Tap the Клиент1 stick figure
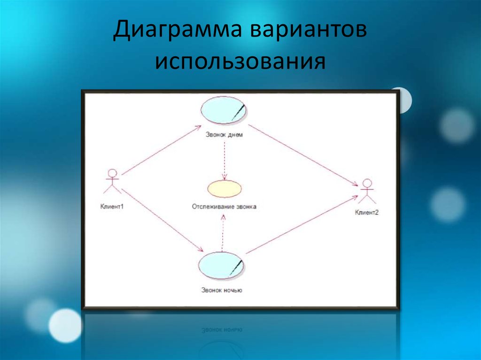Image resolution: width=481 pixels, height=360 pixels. click(x=112, y=181)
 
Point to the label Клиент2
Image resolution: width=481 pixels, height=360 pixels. click(x=367, y=213)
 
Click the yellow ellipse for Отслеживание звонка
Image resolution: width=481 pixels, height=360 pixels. click(x=225, y=189)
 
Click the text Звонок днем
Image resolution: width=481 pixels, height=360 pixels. click(x=224, y=134)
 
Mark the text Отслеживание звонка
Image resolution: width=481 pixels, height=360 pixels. click(x=225, y=206)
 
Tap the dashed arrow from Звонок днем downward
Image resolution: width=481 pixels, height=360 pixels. click(x=225, y=160)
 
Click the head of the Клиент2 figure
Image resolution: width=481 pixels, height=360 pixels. click(x=367, y=183)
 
